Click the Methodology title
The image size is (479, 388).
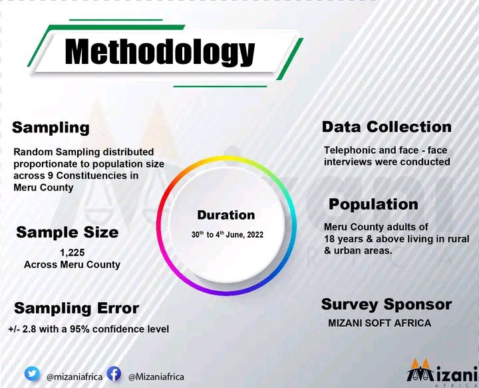tap(160, 52)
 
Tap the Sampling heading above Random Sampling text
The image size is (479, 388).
tap(51, 128)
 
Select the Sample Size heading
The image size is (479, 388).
tap(67, 232)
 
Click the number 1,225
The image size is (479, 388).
tap(73, 253)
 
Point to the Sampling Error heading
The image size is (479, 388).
tap(77, 308)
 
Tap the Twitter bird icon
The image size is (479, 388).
tap(32, 374)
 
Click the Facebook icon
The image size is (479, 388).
tap(114, 373)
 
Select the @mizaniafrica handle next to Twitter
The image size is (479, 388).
tap(75, 377)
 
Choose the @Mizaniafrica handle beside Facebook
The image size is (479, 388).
tap(156, 377)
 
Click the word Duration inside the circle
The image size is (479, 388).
tap(226, 215)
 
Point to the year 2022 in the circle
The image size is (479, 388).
tap(255, 235)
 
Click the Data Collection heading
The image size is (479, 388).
tap(387, 127)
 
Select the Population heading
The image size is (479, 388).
tap(373, 204)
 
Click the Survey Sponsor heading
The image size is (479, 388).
tap(387, 304)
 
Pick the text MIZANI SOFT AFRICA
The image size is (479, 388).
tap(379, 323)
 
